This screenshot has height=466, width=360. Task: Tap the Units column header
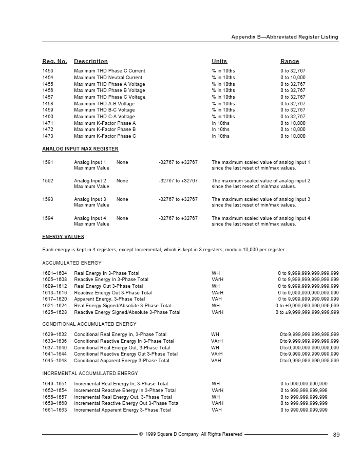219,61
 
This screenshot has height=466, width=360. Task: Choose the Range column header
290,61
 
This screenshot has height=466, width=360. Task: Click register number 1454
48,78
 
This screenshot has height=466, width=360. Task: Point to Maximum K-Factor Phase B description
105,130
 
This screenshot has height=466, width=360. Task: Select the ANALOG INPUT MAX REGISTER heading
80,149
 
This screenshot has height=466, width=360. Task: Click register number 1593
48,199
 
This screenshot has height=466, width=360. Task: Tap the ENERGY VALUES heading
63,237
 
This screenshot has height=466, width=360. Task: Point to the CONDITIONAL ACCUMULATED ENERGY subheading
89,324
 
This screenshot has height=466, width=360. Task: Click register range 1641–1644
54,354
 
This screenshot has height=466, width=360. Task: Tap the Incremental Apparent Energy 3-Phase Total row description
122,410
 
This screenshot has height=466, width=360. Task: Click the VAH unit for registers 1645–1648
216,361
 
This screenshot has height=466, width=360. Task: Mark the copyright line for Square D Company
191,434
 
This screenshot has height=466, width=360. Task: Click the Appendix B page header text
285,37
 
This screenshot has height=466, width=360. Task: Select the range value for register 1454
293,78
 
